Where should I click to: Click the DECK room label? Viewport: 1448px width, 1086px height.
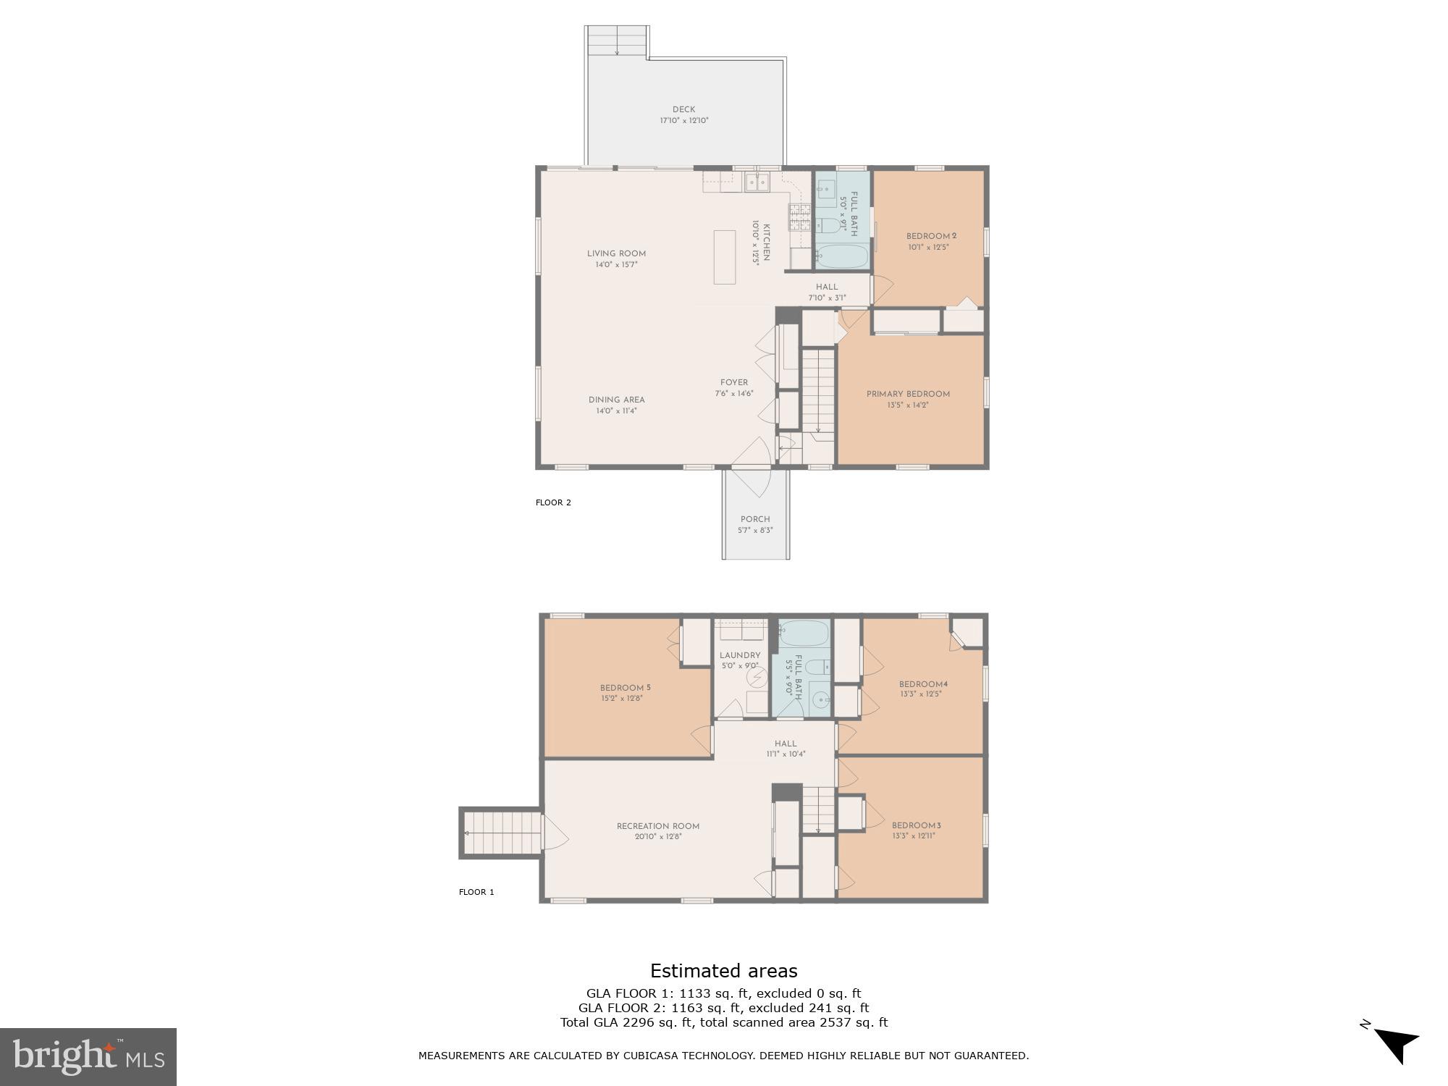[683, 110]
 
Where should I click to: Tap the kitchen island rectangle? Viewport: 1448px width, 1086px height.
[725, 257]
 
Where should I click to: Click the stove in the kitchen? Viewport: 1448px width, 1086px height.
[800, 216]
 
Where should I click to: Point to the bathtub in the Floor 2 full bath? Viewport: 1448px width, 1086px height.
[842, 256]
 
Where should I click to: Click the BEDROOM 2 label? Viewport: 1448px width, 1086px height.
[932, 237]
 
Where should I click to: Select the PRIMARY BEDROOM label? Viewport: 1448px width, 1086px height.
[908, 395]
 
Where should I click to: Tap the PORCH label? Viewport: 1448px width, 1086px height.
[755, 519]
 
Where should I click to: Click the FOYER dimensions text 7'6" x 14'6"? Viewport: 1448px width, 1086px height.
[734, 394]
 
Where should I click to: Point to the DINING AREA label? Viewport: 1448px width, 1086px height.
[616, 400]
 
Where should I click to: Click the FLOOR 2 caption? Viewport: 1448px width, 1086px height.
[553, 502]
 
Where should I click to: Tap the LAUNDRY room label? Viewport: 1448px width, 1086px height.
[740, 655]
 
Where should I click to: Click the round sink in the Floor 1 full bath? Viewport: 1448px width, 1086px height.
[820, 700]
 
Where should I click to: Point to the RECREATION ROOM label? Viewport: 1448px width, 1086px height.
[658, 826]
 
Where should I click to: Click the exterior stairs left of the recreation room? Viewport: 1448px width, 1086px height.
[501, 833]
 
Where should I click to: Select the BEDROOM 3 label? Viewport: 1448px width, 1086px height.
[916, 825]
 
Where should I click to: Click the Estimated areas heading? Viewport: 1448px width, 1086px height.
[723, 971]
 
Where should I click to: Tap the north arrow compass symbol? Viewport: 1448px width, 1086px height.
[1394, 1045]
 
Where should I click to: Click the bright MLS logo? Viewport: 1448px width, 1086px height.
[88, 1056]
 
